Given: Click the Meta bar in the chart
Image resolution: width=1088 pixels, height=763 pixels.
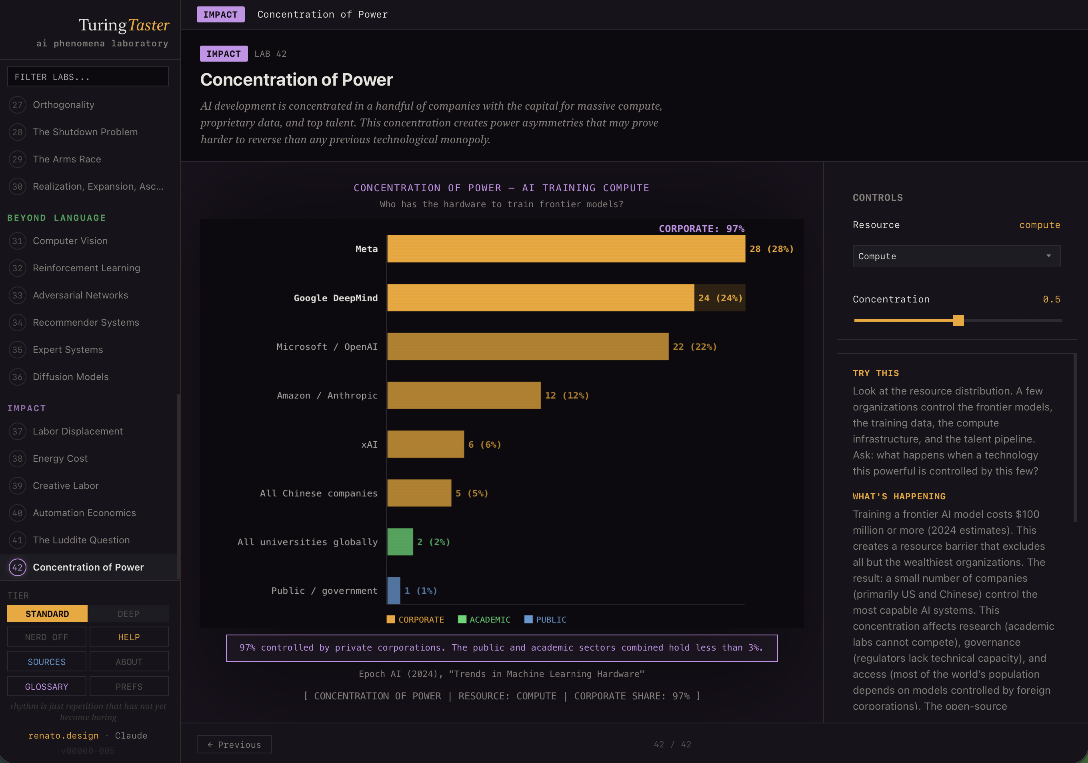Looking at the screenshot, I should pos(566,249).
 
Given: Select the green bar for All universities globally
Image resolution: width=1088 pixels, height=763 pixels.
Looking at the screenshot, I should pos(400,542).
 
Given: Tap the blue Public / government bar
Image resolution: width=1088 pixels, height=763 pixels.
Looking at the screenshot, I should pos(394,591).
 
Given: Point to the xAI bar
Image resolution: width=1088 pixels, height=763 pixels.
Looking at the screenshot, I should pos(426,444).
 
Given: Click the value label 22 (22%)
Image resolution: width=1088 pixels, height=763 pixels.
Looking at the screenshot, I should pos(694,346).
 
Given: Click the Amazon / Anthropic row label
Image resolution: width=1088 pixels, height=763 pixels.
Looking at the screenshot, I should pos(327,395).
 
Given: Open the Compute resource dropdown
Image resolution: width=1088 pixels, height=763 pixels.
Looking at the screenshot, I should pos(956,256).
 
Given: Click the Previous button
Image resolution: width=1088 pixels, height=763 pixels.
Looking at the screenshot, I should pos(234,744).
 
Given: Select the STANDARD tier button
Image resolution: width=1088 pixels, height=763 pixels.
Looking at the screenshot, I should pos(47,614).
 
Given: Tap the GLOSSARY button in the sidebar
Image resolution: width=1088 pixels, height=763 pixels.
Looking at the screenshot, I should pos(46,686).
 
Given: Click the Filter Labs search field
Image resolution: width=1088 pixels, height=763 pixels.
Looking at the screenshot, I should pos(88,77).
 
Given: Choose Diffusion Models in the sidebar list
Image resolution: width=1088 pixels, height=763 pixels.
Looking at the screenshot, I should pos(71,377).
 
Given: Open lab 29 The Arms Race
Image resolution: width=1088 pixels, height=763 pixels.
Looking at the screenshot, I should pos(67,159).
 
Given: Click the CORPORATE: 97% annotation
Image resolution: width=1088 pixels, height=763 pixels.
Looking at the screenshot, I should pos(701,228).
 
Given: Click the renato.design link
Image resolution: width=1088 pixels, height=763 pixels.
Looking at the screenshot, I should pos(63,735).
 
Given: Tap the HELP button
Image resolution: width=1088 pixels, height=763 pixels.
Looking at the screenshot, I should pos(129,637).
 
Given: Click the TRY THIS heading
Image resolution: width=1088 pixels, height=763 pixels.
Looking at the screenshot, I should pos(875,373).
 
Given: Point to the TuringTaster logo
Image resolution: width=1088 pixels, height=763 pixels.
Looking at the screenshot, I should pos(123,25).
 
